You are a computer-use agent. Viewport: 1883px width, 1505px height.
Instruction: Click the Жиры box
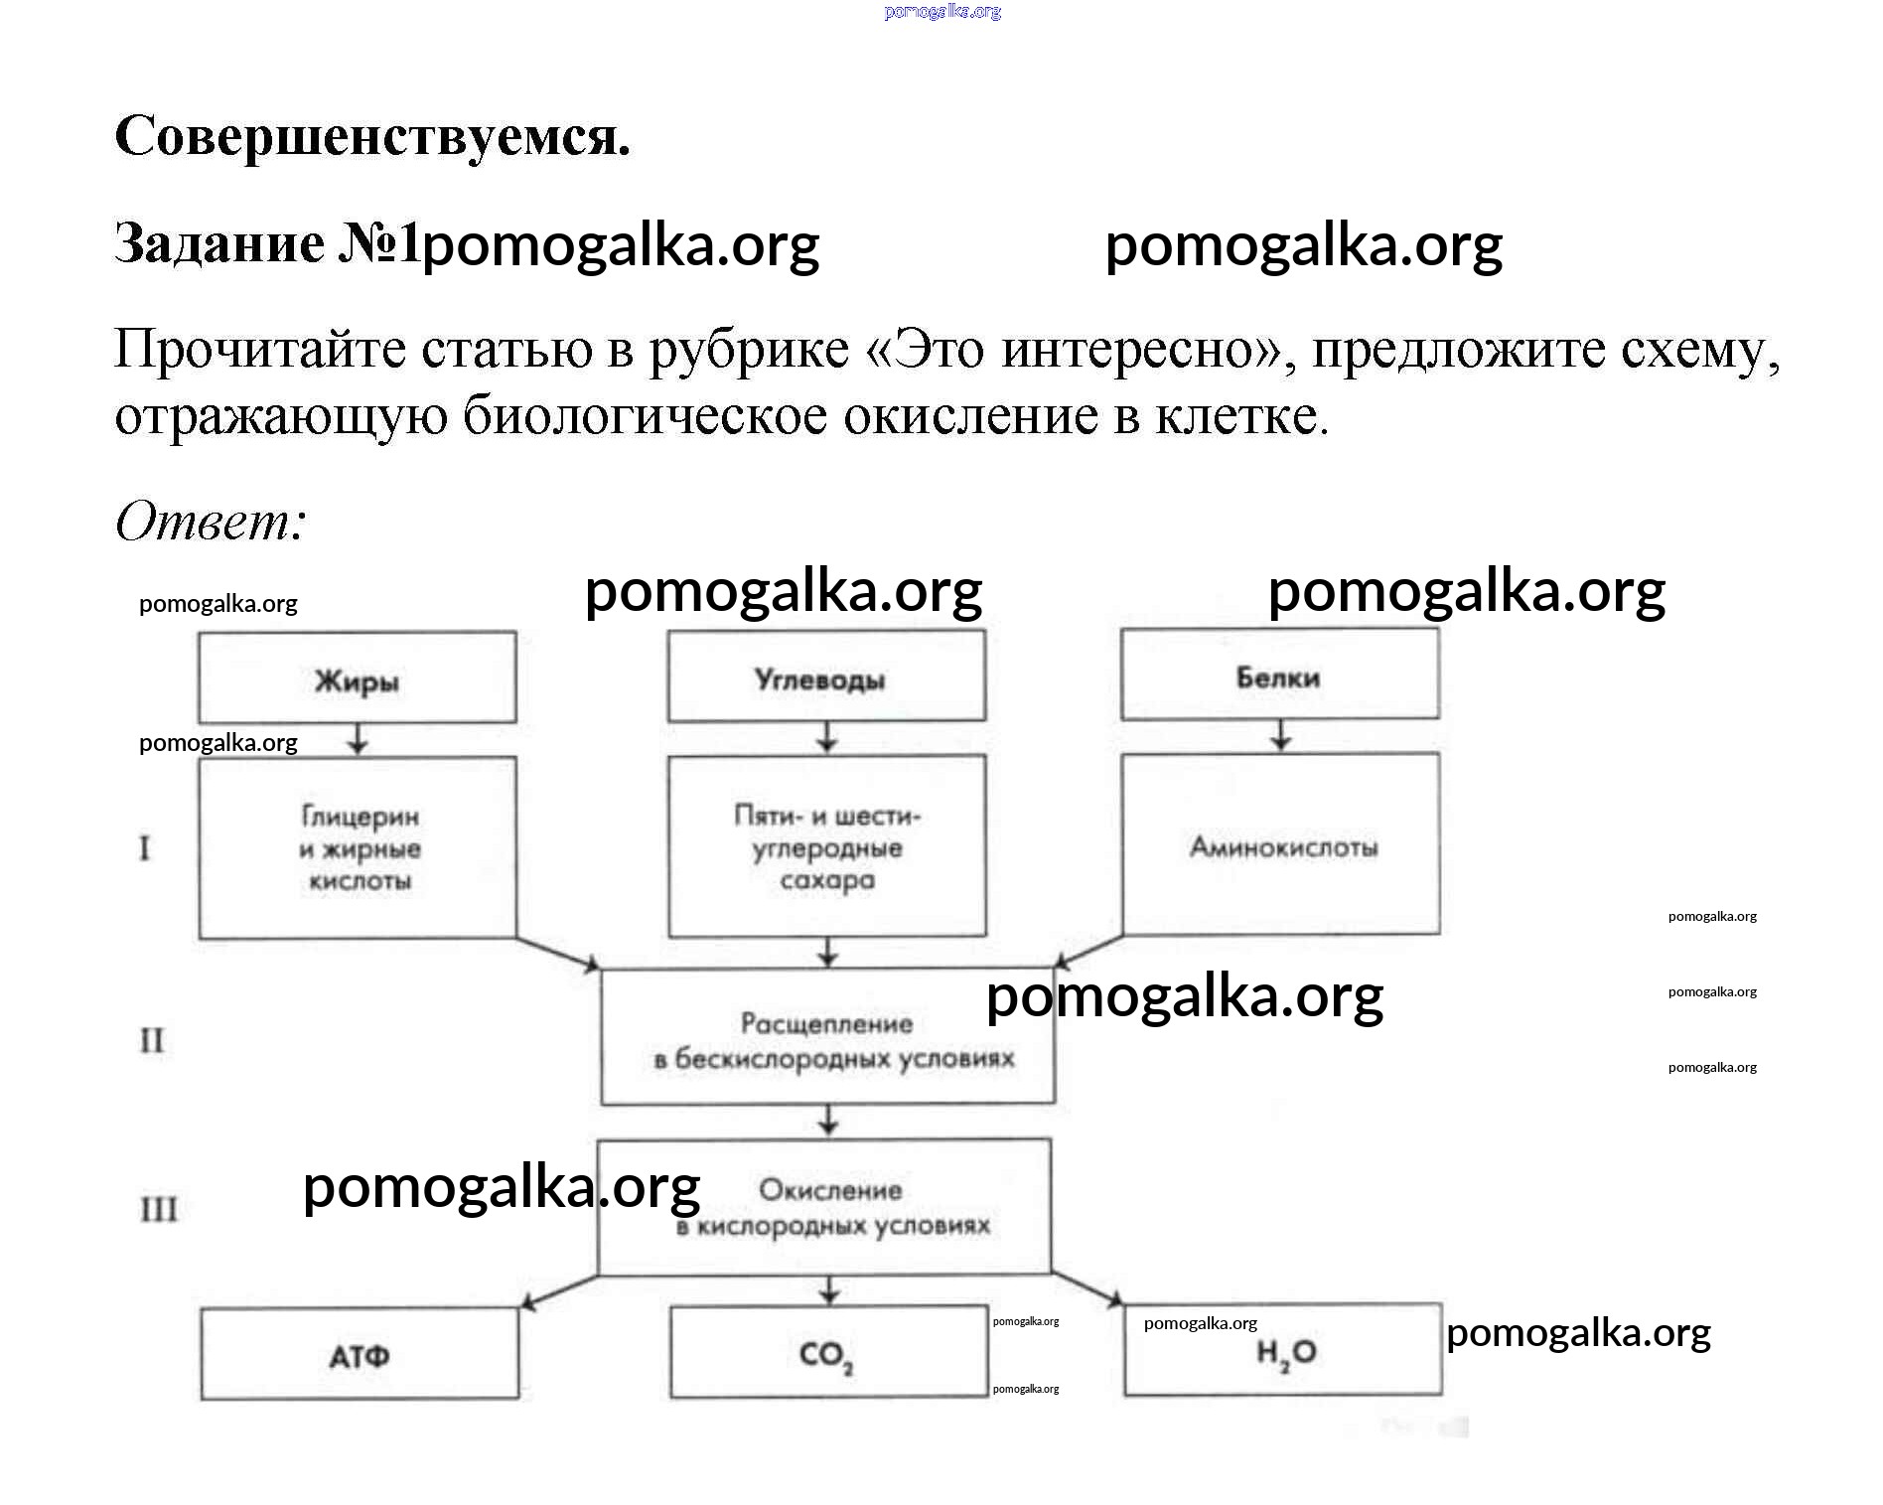(x=358, y=677)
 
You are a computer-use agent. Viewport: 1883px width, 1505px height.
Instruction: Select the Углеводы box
(x=826, y=677)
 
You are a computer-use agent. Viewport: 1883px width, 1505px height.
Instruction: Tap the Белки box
(x=1279, y=675)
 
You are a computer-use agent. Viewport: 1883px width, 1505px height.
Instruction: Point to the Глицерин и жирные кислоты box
(x=358, y=847)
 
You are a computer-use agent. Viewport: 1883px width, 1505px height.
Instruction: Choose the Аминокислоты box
(x=1281, y=844)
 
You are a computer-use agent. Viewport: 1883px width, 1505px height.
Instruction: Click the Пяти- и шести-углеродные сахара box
(x=826, y=846)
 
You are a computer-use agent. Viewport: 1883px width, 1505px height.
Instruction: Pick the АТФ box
(x=360, y=1354)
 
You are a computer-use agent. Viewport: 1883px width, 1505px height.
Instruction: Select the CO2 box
(x=828, y=1352)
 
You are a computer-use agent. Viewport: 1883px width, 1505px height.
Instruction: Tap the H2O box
(x=1283, y=1350)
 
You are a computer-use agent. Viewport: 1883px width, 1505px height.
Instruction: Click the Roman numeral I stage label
(x=145, y=848)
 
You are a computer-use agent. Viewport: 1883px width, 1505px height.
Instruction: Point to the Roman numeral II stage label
(x=152, y=1040)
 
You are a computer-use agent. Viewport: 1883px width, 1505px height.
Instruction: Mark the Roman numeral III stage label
(x=159, y=1209)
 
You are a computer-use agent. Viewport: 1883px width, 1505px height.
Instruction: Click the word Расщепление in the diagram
(x=826, y=1022)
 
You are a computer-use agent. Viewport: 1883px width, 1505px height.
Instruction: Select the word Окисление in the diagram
(x=830, y=1189)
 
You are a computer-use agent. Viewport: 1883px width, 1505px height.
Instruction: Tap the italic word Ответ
(x=210, y=521)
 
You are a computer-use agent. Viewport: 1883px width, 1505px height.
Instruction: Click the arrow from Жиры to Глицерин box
(x=359, y=739)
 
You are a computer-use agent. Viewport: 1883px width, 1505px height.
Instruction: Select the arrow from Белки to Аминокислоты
(x=1281, y=735)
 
